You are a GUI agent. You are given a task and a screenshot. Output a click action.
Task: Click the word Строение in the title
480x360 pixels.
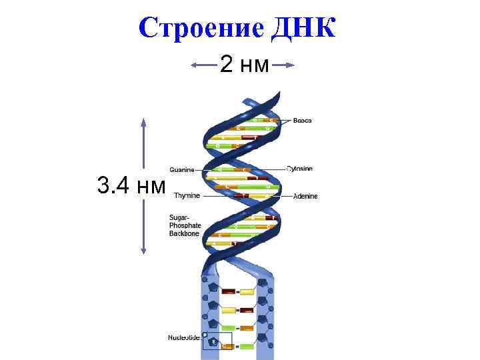pos(201,27)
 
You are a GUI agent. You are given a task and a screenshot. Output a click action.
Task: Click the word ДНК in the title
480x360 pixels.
pos(305,27)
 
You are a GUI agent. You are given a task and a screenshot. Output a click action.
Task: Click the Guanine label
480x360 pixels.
pos(182,169)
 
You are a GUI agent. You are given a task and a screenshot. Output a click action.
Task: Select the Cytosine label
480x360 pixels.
pos(299,169)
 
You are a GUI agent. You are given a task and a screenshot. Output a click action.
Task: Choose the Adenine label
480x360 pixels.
pos(305,196)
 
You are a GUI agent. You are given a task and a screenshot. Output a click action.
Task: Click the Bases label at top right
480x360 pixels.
pos(302,120)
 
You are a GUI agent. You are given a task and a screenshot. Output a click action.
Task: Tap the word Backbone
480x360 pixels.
pos(184,234)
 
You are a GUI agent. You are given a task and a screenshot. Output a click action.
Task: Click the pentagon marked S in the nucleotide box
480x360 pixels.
pos(213,342)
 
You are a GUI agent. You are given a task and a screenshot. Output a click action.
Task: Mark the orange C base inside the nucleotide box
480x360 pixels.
pos(227,347)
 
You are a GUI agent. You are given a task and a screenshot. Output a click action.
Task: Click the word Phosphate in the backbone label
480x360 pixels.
pos(185,226)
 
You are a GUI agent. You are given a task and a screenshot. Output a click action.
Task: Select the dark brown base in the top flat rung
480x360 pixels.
pos(229,291)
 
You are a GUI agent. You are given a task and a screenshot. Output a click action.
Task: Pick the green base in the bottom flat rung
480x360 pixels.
pos(247,347)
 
